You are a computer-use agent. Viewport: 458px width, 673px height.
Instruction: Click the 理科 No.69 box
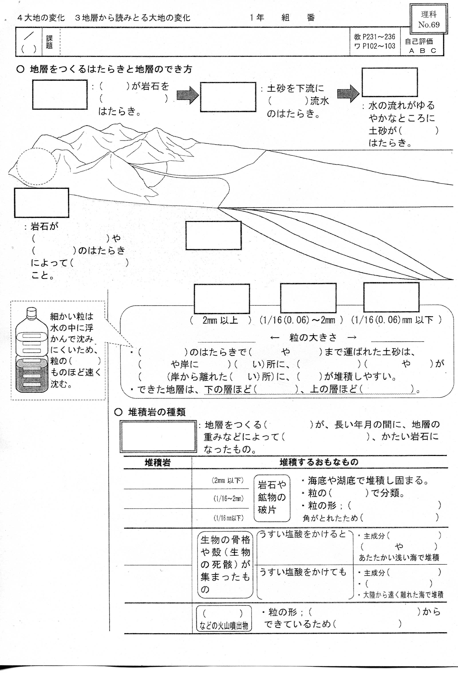(428, 19)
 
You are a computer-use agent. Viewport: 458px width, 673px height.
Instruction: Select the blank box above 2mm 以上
(222, 299)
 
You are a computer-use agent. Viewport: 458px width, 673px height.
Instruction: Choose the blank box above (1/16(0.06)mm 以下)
(391, 297)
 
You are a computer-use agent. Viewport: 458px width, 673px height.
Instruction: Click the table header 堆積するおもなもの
(319, 462)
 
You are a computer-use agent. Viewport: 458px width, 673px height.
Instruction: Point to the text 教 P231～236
(374, 37)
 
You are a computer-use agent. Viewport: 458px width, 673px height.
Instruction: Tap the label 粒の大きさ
(313, 337)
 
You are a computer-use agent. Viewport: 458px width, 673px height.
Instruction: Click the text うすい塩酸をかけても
(303, 572)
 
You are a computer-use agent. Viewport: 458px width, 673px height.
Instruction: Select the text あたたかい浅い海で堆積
(399, 558)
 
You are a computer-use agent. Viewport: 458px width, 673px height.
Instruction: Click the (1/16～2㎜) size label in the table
(229, 498)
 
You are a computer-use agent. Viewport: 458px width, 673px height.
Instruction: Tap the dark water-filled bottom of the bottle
(31, 376)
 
